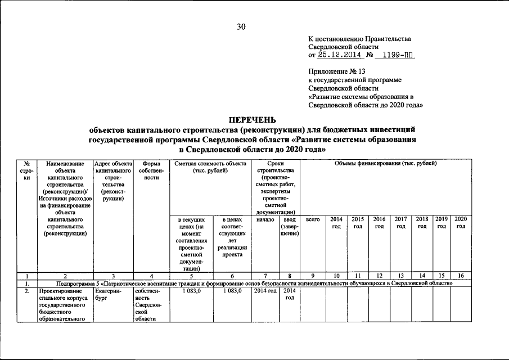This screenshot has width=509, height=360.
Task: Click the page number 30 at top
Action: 241,26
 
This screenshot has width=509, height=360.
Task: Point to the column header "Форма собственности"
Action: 151,170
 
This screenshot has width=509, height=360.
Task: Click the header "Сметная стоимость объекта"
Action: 210,166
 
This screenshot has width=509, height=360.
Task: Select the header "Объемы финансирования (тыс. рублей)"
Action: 385,163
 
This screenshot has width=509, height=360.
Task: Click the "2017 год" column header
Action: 400,222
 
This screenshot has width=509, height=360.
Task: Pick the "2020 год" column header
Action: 461,222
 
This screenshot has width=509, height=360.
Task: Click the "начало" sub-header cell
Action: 265,219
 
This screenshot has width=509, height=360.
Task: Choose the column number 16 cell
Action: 461,276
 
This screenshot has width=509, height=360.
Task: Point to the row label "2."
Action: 26,291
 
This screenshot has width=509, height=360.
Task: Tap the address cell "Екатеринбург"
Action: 113,295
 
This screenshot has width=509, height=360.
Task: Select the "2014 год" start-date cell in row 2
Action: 265,291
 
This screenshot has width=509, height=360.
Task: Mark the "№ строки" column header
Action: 26,170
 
